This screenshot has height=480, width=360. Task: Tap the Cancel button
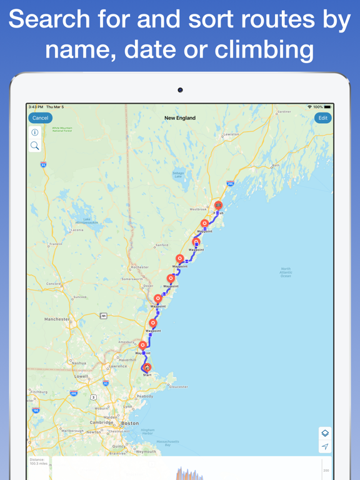[40, 117]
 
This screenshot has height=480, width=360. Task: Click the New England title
[180, 117]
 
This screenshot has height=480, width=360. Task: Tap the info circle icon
[35, 132]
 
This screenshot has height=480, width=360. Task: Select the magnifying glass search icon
[35, 146]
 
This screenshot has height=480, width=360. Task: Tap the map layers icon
[325, 433]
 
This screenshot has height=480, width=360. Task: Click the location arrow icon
[325, 447]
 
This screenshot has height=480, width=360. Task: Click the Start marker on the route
[147, 368]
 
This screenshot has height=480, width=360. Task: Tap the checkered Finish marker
[218, 205]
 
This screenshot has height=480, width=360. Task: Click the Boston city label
[130, 423]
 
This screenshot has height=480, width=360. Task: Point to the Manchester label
[57, 319]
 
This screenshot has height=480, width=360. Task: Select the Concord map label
[54, 284]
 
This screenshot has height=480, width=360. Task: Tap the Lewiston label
[231, 134]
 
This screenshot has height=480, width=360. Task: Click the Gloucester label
[178, 387]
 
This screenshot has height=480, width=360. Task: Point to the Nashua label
[79, 362]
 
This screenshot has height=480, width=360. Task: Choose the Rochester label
[139, 267]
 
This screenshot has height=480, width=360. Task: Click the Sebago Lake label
[178, 175]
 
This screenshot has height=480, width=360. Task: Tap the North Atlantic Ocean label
[286, 272]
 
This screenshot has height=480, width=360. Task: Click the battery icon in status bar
[327, 107]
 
